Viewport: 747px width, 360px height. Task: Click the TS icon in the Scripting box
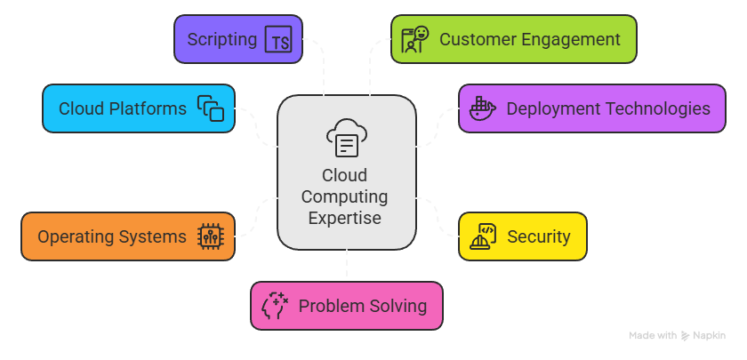277,40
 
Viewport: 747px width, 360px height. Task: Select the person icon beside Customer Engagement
414,40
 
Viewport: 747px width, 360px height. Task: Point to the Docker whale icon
481,108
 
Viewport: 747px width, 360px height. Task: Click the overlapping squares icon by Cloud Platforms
211,108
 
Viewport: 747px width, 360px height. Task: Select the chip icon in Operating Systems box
211,236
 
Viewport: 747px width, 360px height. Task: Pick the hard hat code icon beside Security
482,236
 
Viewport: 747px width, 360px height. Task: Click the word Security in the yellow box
538,236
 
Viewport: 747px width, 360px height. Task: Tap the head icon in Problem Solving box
275,307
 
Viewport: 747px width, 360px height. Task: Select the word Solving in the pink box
398,307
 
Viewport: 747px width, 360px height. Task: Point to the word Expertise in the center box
345,219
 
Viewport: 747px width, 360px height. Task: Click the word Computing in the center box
345,197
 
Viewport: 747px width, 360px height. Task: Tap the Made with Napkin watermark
678,336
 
